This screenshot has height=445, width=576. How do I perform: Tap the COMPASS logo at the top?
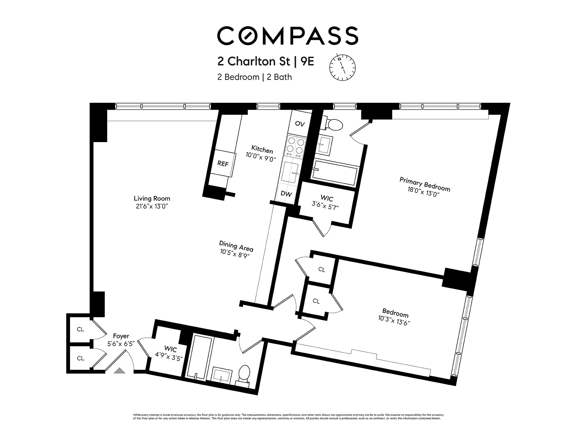287,36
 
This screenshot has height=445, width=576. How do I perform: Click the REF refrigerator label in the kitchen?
223,164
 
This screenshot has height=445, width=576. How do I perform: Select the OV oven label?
300,124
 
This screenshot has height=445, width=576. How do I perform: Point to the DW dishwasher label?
286,194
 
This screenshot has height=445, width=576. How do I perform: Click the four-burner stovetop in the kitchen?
295,147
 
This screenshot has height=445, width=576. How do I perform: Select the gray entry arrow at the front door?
120,371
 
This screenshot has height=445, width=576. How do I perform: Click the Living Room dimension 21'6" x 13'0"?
152,206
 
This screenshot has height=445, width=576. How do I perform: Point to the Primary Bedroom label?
425,183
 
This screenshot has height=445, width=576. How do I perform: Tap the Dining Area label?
236,246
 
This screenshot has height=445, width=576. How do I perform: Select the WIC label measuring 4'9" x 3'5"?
170,358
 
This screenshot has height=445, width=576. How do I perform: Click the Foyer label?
121,336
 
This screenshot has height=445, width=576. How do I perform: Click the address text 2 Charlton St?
253,62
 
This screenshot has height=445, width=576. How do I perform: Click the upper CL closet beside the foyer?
80,329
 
